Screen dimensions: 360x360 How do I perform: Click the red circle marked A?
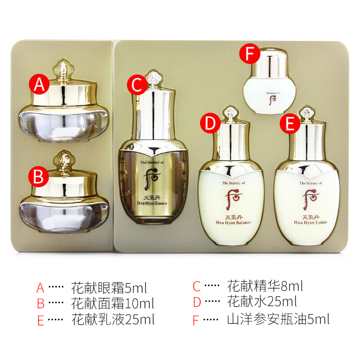click(x=39, y=84)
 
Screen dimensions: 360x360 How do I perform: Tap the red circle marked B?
click(x=39, y=176)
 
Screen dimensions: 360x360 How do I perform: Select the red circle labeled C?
click(x=137, y=85)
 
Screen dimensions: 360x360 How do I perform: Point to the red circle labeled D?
click(x=210, y=123)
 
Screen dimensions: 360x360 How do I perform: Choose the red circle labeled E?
click(x=290, y=123)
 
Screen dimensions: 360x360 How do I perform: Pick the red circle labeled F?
click(x=250, y=54)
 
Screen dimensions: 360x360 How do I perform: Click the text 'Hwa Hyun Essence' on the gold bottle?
click(x=152, y=203)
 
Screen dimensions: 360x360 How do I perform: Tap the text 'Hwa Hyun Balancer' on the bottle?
click(x=234, y=222)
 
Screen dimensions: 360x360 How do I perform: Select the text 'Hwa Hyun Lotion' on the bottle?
click(x=310, y=222)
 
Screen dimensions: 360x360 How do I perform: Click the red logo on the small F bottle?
click(x=273, y=100)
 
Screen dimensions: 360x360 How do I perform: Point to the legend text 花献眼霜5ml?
click(x=109, y=288)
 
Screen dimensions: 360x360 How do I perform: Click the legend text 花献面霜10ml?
click(x=112, y=303)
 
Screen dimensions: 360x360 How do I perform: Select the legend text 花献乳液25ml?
click(x=113, y=319)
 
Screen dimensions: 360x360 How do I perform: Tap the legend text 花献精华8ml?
click(x=265, y=286)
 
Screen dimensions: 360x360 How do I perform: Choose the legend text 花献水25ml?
click(x=262, y=301)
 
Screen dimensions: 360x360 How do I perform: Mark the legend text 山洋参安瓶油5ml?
click(x=279, y=319)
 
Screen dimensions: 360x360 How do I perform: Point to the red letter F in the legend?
click(x=196, y=320)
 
